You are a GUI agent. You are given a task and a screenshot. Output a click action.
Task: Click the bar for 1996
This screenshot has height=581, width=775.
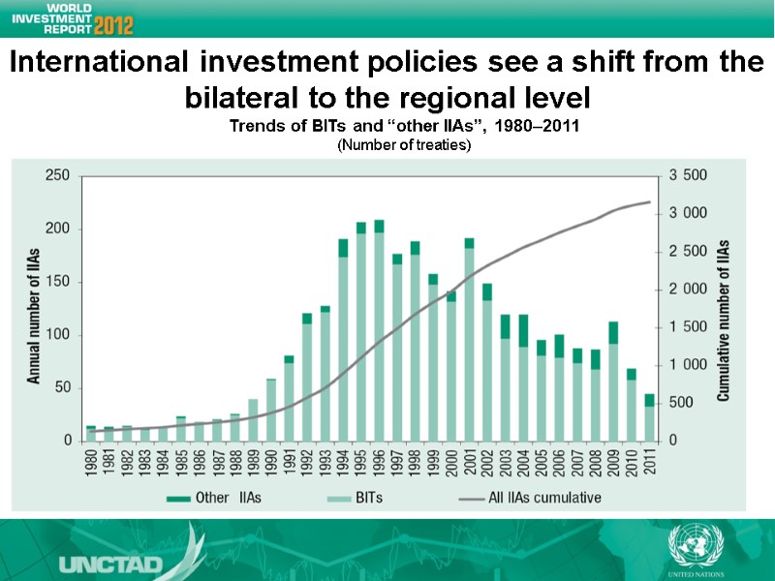click(379, 330)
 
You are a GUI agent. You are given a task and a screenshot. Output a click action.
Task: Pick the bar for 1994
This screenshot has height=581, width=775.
click(343, 339)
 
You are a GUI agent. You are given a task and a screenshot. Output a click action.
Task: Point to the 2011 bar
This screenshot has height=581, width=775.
click(649, 416)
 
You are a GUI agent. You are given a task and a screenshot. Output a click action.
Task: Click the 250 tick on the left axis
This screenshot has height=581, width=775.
click(57, 175)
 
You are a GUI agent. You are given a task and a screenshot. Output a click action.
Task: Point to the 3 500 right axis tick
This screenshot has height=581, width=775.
click(689, 175)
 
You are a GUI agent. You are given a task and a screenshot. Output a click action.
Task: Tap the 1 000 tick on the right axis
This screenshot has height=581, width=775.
click(689, 365)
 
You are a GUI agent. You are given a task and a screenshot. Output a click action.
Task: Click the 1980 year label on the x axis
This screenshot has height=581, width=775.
click(91, 463)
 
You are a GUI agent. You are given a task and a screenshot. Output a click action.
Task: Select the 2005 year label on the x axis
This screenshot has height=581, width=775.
click(542, 463)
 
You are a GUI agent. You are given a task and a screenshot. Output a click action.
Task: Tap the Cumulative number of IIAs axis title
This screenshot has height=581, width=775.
click(723, 307)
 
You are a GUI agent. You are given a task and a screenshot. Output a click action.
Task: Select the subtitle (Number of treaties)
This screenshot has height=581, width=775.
click(403, 145)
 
